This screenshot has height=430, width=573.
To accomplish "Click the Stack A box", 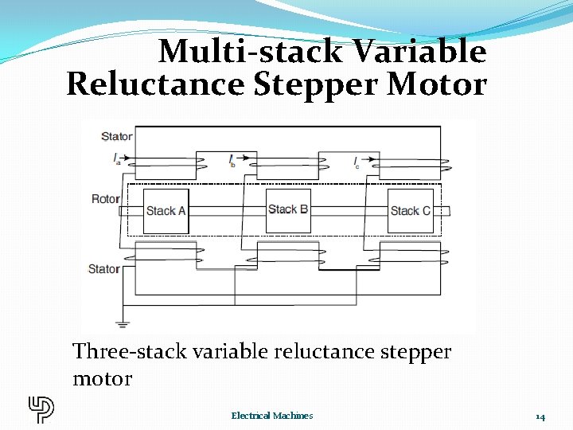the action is click(x=166, y=211).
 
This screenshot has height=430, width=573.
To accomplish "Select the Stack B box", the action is click(x=288, y=210).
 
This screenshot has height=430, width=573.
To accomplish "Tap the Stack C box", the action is click(x=411, y=211).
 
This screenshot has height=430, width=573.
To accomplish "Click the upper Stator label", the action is click(x=117, y=136).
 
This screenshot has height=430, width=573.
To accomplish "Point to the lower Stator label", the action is click(x=103, y=269).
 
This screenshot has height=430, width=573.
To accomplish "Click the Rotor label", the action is click(x=106, y=199).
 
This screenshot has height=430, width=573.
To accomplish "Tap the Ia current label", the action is click(x=117, y=159).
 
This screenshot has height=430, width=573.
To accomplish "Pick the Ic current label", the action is click(x=357, y=162).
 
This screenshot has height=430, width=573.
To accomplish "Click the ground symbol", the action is click(x=122, y=324).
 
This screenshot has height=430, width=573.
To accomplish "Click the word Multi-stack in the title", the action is click(x=249, y=53).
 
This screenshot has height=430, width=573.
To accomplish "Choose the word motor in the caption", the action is click(x=102, y=377).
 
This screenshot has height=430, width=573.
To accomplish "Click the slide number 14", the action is click(x=540, y=416).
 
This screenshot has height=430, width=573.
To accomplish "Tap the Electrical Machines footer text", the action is click(x=272, y=416).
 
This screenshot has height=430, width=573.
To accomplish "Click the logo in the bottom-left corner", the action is click(x=41, y=408).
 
